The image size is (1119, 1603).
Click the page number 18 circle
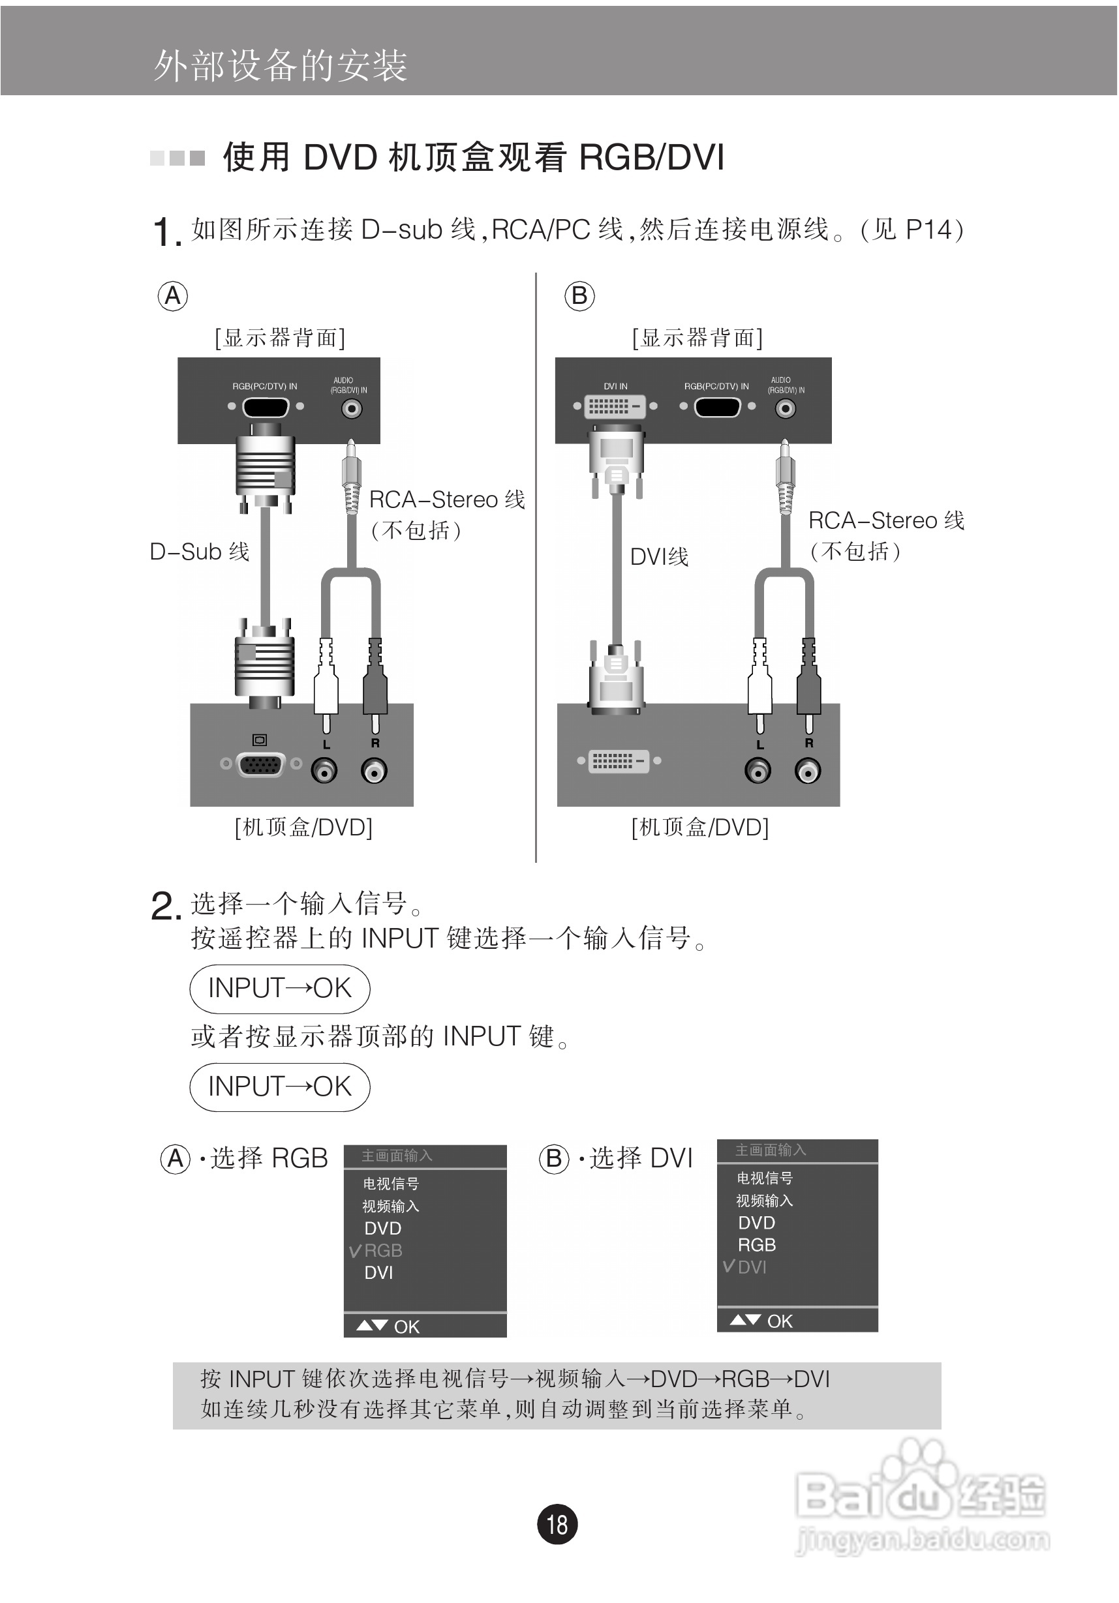point(557,1523)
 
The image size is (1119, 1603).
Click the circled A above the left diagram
point(172,296)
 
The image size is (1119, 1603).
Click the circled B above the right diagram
point(579,296)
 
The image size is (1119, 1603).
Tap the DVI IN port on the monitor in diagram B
point(615,406)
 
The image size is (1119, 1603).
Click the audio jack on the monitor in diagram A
point(351,408)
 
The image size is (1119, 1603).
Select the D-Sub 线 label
point(199,552)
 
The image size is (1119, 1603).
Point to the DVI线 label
point(659,556)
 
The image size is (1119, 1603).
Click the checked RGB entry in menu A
point(382,1250)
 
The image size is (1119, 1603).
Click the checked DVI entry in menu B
point(752,1266)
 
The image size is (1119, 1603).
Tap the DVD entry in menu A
point(382,1228)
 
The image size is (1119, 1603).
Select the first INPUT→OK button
point(279,989)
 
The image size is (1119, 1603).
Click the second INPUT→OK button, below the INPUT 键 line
point(279,1086)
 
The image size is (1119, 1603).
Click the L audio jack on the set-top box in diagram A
point(324,772)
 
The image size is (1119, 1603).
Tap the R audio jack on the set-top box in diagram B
point(808,772)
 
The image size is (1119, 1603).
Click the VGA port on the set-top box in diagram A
point(260,764)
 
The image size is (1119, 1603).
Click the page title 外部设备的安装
point(280,67)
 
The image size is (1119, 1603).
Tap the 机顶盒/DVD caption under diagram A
point(303,828)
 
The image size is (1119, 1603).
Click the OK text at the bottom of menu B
point(780,1321)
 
